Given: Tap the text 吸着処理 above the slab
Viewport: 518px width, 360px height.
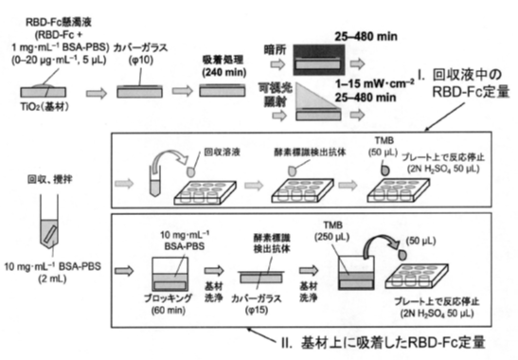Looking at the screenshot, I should tap(224, 59).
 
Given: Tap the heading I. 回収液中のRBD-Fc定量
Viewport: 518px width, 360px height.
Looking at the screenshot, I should tap(453, 83).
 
